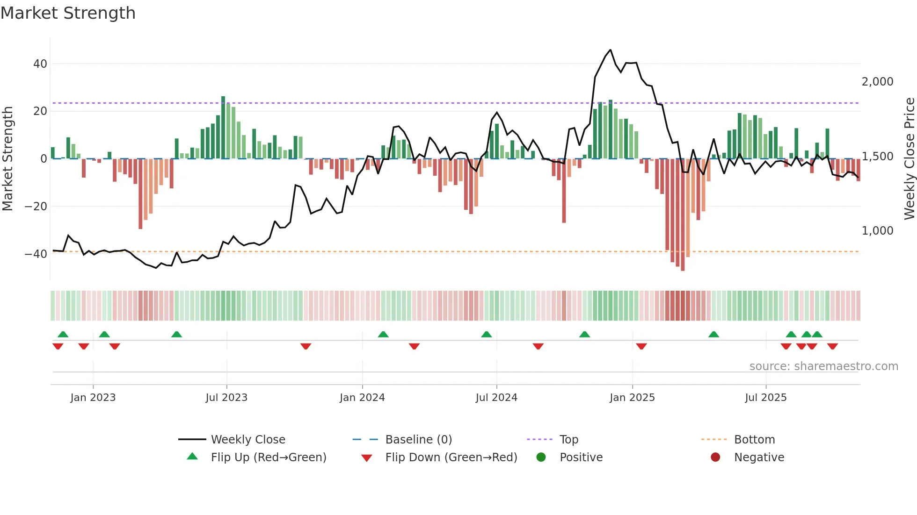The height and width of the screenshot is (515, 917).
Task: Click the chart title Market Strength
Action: pos(68,13)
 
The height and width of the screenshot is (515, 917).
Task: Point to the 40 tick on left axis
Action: pos(40,64)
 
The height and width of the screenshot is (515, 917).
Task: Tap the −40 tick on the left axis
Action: pos(36,254)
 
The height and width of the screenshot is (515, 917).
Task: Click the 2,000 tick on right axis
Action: pos(877,81)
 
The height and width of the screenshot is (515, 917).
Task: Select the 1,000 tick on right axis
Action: pos(877,230)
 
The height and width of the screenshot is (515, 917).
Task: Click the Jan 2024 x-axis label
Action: pos(362,397)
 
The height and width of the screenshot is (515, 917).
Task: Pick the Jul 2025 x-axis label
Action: pos(765,397)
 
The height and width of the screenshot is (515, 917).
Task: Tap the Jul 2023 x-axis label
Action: pos(226,397)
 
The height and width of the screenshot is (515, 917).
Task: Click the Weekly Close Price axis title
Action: pos(909,159)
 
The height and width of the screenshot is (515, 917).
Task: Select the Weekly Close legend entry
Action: pos(247,439)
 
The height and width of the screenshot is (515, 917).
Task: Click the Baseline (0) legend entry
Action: pos(418,439)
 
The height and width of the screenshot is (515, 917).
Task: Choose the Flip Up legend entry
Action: pos(268,457)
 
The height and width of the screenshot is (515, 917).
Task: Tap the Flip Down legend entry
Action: pos(451,457)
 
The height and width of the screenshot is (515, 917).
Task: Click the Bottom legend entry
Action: pos(754,439)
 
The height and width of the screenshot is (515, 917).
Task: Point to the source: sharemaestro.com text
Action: pos(823,366)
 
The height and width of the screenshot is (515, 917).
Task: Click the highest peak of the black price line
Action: pos(610,50)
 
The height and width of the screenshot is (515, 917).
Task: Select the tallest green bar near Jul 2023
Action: pos(223,127)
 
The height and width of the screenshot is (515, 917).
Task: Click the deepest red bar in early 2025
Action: pos(683,215)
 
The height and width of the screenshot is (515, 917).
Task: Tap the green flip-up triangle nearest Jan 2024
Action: pos(383,334)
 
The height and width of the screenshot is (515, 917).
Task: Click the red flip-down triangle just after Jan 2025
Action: pos(641,346)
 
